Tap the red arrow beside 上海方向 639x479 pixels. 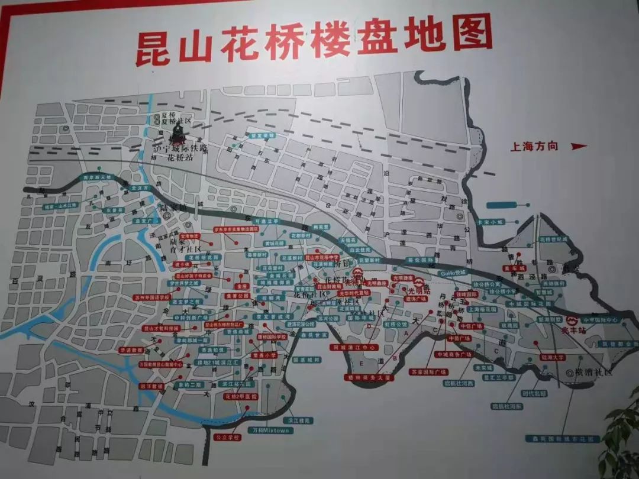pyautogui.click(x=579, y=147)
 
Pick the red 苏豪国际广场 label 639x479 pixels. pyautogui.click(x=428, y=372)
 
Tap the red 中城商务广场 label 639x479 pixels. pyautogui.click(x=454, y=355)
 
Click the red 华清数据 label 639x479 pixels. pyautogui.click(x=132, y=349)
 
